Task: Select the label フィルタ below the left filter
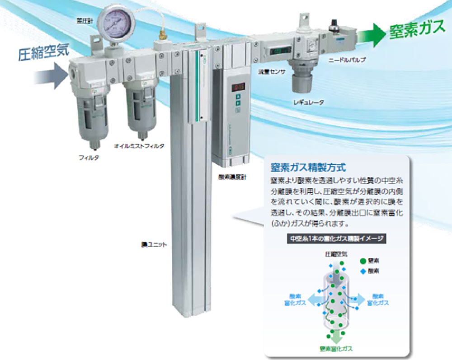coord(89,158)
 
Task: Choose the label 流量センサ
coord(270,72)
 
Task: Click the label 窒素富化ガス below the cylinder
coord(335,349)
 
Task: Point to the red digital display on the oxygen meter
coord(238,86)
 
